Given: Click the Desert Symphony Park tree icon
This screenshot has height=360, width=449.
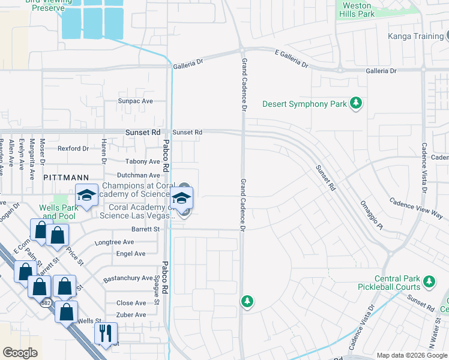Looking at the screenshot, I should [356, 104].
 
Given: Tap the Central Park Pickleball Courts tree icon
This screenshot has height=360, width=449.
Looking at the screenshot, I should [429, 281].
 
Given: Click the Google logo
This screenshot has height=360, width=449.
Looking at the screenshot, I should [20, 353].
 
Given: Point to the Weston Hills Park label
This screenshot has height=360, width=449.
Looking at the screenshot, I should [357, 10].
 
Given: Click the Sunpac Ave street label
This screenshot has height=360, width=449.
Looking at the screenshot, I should [135, 101].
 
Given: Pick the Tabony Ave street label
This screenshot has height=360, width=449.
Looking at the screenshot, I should [142, 161].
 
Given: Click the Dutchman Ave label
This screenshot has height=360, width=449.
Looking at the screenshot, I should [138, 175].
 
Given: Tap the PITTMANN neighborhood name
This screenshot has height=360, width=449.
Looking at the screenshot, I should [66, 178].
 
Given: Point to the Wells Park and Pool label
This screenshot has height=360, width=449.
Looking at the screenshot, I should [58, 212].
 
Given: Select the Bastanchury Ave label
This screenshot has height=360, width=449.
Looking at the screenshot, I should [128, 278].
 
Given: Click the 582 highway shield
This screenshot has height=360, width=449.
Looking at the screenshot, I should [46, 303].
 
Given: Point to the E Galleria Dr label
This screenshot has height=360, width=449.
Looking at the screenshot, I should [291, 58].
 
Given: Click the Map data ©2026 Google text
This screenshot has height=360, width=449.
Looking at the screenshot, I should [411, 355].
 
